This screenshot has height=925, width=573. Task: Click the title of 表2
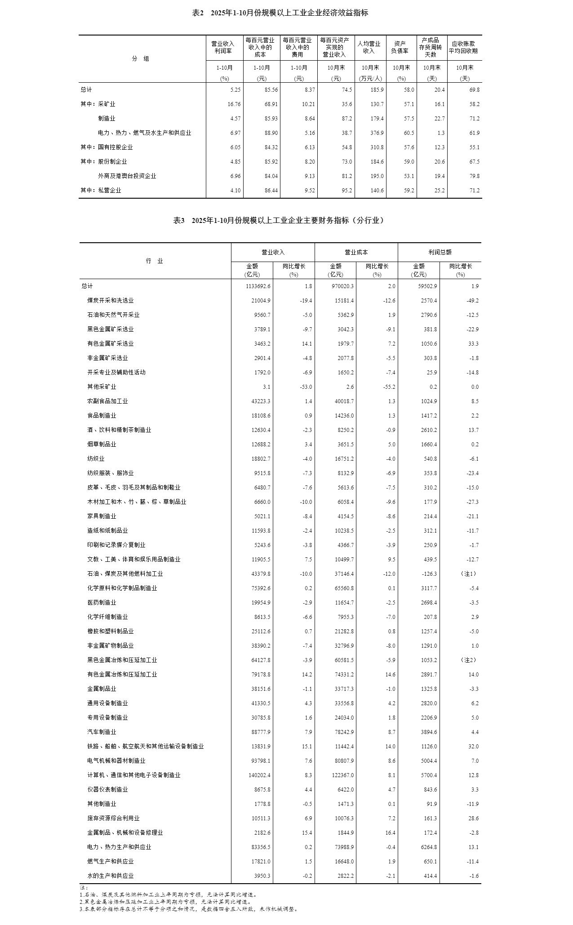tap(280, 13)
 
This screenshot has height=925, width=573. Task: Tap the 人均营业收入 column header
tap(369, 47)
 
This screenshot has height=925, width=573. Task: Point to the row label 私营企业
tap(110, 191)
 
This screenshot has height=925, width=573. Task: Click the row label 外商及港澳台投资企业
tap(127, 176)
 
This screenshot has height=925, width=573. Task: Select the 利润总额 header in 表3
tap(439, 253)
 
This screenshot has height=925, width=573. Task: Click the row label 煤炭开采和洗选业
tap(110, 301)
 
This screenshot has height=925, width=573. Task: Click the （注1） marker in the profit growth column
tap(469, 574)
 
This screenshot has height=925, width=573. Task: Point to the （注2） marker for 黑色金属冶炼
tap(469, 660)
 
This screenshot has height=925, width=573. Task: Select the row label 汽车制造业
tap(102, 732)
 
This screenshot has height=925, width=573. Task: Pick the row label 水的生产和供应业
tap(110, 876)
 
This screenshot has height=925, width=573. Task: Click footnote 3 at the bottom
tap(189, 909)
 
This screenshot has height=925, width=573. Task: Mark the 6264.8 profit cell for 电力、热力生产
tap(427, 847)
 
